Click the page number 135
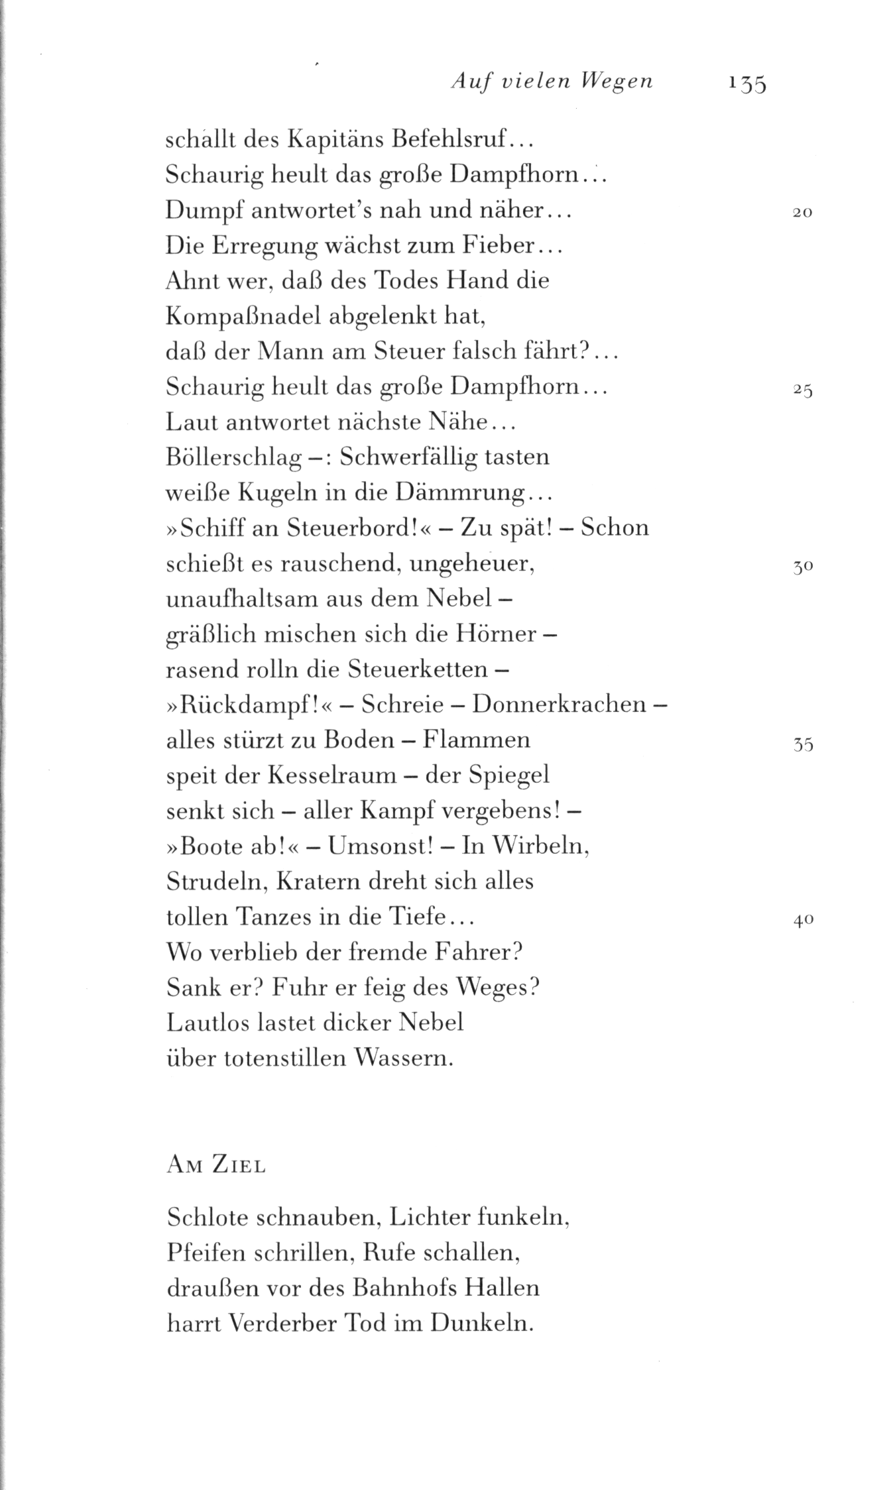click(x=746, y=84)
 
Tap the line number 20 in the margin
click(x=802, y=213)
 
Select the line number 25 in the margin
click(x=802, y=391)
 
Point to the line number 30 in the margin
click(x=802, y=568)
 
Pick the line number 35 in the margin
click(x=802, y=745)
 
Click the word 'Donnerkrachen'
click(x=558, y=704)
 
